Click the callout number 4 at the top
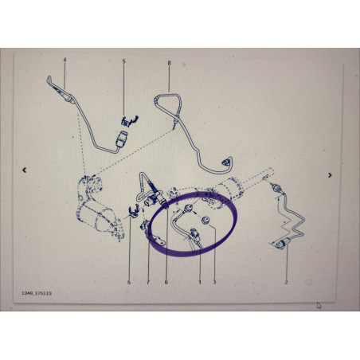click(x=65, y=61)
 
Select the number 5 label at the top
click(x=124, y=61)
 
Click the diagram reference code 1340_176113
click(x=37, y=293)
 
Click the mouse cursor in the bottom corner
click(x=319, y=304)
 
